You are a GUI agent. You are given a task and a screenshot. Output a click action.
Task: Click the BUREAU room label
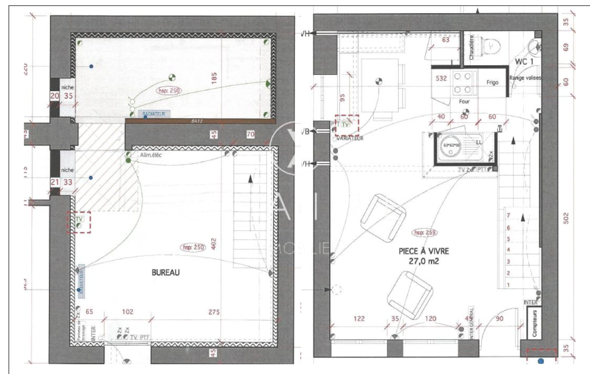166,273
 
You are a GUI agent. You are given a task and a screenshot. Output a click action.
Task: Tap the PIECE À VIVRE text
424,251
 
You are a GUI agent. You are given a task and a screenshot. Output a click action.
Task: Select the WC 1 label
524,62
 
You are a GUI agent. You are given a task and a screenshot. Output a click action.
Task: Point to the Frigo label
492,82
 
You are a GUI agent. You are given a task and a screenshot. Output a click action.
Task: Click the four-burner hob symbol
462,83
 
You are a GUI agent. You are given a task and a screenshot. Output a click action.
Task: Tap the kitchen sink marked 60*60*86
451,147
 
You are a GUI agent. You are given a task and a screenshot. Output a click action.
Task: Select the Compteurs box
534,323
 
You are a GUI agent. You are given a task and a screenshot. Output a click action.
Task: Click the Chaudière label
471,48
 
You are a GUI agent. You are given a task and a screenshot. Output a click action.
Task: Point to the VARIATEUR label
350,139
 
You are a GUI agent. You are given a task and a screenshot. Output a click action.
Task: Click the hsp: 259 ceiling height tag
424,232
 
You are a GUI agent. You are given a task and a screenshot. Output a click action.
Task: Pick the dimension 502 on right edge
566,218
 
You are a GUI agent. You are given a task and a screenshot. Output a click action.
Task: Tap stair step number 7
508,215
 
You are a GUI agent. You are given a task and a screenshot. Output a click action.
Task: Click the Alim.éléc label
151,155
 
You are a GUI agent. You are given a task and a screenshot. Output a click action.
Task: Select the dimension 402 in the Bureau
213,243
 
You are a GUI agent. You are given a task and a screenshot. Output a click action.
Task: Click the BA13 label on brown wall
197,121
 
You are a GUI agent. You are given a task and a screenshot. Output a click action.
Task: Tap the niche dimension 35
68,96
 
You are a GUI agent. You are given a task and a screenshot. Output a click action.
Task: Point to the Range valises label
525,78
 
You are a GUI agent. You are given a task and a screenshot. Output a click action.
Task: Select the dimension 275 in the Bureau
214,312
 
